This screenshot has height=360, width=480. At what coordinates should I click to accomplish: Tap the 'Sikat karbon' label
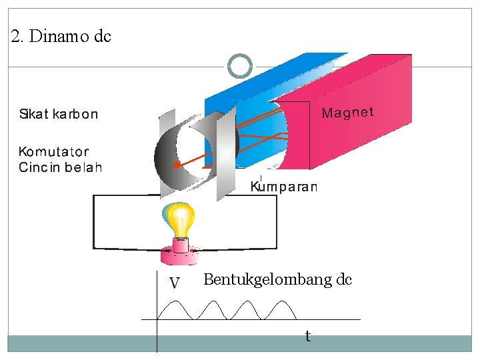(58, 114)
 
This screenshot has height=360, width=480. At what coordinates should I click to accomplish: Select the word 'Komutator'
(54, 152)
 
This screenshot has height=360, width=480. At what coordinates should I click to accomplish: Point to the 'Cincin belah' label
(60, 167)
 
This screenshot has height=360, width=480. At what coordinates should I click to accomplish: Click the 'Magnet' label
(347, 113)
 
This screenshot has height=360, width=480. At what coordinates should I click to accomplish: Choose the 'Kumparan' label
(284, 187)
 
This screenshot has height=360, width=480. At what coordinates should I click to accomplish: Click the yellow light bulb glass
(181, 218)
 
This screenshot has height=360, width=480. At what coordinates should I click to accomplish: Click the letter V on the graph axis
(175, 284)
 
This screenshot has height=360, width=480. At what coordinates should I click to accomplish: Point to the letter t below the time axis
(307, 337)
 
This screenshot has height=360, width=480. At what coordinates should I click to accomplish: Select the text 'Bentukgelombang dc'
(277, 279)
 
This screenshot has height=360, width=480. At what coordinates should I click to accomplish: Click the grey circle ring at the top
(240, 66)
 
